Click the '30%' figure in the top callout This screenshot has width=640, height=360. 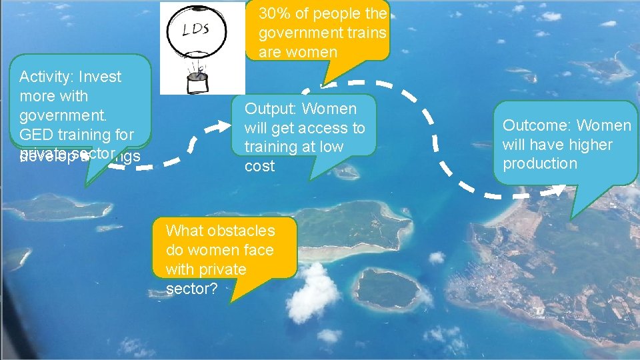coord(273,13)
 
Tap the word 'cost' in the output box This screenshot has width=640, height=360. coord(259,166)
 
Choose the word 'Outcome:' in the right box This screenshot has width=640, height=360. coord(537,125)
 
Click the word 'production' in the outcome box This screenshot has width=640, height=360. coord(540,163)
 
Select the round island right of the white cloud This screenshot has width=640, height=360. coord(387,288)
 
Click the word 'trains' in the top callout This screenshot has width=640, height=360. coord(367,32)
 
